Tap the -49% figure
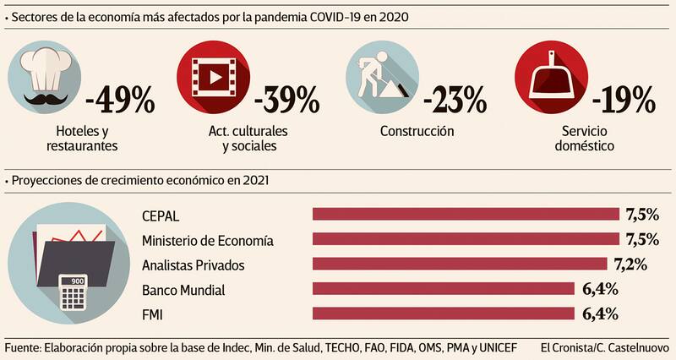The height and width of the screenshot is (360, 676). [x=120, y=99]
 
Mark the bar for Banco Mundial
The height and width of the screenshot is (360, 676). [x=444, y=289]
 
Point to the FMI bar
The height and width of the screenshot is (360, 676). [x=444, y=314]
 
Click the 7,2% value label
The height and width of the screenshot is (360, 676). [x=630, y=265]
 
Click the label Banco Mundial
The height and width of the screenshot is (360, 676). [x=183, y=290]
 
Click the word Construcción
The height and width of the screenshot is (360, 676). [x=417, y=131]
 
